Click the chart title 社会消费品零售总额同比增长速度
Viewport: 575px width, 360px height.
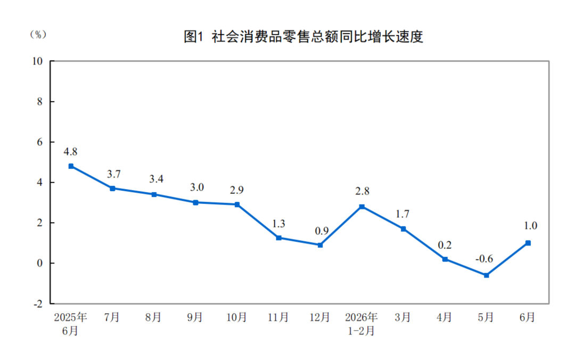point(317,37)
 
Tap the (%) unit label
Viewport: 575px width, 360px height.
point(38,35)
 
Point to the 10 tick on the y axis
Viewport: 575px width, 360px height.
point(37,61)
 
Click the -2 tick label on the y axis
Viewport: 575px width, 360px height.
point(38,304)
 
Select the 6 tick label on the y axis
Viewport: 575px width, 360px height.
point(39,142)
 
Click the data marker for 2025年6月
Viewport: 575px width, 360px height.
point(71,166)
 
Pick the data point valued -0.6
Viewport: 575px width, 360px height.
point(486,275)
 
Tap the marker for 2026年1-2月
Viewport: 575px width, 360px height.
point(362,207)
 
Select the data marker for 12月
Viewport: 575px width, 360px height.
point(320,245)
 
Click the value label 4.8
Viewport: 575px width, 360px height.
point(70,152)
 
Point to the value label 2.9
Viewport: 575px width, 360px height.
point(236,190)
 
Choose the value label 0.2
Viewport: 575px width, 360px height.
point(445,245)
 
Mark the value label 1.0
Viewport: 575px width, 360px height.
point(530,225)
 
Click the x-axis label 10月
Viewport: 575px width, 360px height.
point(236,317)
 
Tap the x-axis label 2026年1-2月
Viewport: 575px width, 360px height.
point(361,324)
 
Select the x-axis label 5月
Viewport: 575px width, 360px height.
point(486,317)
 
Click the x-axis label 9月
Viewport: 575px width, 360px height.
point(195,317)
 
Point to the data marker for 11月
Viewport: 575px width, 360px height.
point(278,238)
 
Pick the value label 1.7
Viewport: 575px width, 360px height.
point(402,214)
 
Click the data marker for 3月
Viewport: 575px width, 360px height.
point(404,229)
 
